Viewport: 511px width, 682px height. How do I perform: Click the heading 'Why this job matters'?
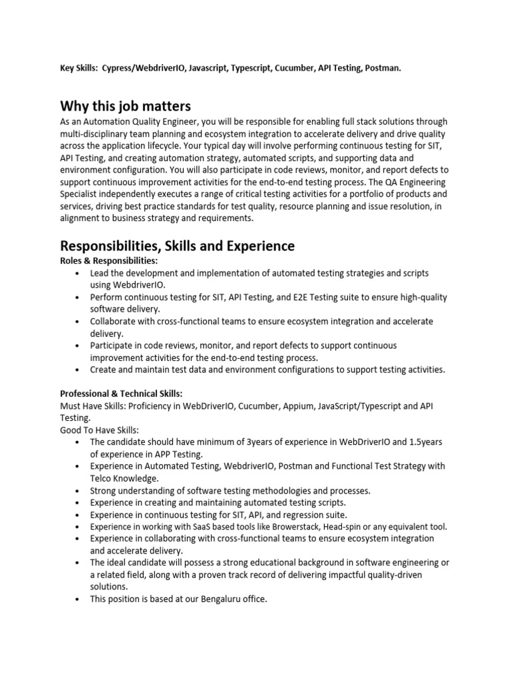click(x=125, y=106)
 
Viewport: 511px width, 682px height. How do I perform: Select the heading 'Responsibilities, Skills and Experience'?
click(x=177, y=246)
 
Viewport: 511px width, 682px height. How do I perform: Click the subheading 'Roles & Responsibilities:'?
click(x=109, y=261)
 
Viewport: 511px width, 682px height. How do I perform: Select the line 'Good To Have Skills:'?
click(x=100, y=430)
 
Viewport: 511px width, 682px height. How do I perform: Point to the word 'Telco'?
click(x=104, y=478)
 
